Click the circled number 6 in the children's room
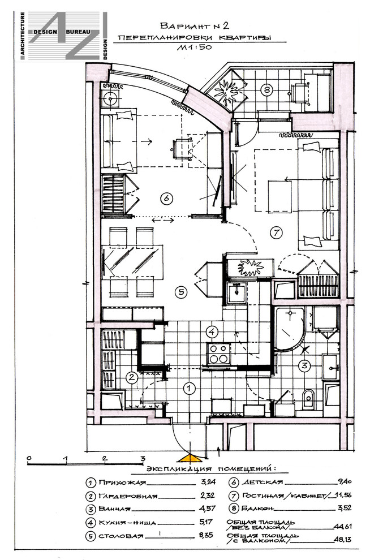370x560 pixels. pyautogui.click(x=167, y=198)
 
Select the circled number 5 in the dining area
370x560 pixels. pyautogui.click(x=181, y=292)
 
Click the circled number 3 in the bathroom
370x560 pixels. pyautogui.click(x=304, y=365)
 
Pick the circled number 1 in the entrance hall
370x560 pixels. pyautogui.click(x=190, y=388)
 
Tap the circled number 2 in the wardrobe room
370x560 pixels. pyautogui.click(x=132, y=377)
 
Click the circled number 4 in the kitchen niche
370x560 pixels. pyautogui.click(x=212, y=332)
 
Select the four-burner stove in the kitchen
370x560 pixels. pyautogui.click(x=219, y=354)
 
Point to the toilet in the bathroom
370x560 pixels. pyautogui.click(x=308, y=398)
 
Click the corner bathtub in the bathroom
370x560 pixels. pyautogui.click(x=290, y=328)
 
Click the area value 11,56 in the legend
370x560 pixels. pyautogui.click(x=344, y=496)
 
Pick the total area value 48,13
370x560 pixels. pyautogui.click(x=342, y=540)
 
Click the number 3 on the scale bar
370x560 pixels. pyautogui.click(x=142, y=459)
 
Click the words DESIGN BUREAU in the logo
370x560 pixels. pyautogui.click(x=66, y=32)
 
